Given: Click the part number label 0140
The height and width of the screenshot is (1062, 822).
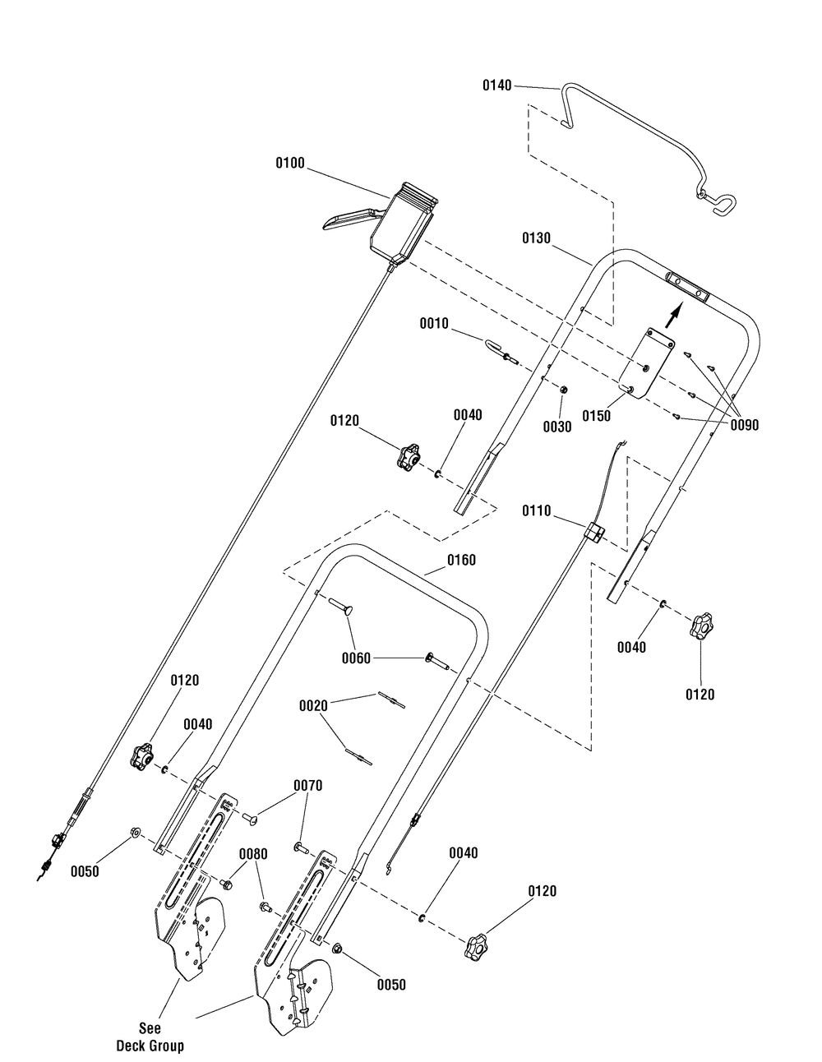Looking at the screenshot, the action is [x=496, y=85].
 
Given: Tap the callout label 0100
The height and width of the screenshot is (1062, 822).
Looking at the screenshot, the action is [x=290, y=164].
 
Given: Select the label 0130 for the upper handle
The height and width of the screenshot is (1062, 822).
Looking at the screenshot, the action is [x=536, y=238].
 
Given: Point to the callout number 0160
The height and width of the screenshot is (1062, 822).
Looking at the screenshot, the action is [x=461, y=560].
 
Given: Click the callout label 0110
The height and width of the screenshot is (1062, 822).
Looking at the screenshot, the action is [x=536, y=511].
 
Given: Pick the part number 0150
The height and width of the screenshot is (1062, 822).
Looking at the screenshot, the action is [x=596, y=416].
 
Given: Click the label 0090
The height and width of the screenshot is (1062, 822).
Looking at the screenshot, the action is [x=744, y=425].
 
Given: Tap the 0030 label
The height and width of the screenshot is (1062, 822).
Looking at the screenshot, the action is [x=557, y=427].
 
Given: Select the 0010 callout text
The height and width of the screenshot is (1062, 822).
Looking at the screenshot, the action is [x=434, y=324].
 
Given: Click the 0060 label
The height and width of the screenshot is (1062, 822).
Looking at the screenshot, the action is [x=356, y=658].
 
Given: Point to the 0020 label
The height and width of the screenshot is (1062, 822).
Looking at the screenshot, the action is [x=313, y=706].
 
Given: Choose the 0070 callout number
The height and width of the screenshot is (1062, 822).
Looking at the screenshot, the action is [x=308, y=785].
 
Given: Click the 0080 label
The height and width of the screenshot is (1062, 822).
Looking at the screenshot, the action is [x=253, y=854].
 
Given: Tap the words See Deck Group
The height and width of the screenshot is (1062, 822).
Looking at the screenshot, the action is [x=150, y=1033].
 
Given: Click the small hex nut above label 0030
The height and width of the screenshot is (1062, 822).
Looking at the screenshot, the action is [x=562, y=389].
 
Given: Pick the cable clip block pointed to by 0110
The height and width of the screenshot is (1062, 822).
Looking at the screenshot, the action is [x=593, y=531].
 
